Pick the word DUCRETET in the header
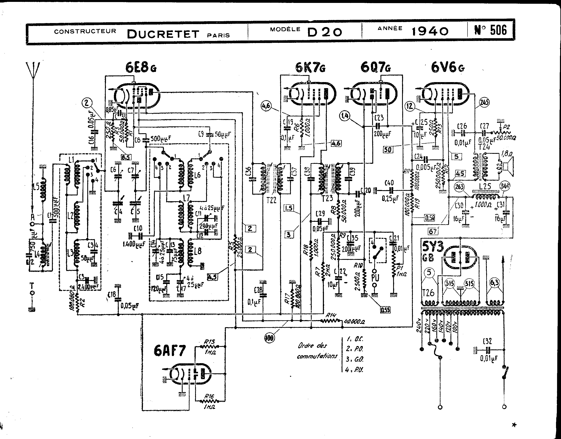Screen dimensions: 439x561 click(x=163, y=34)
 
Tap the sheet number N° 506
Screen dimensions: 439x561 click(x=490, y=30)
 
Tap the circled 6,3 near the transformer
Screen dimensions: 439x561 click(x=495, y=283)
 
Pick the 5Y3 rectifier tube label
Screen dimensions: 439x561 click(x=433, y=247)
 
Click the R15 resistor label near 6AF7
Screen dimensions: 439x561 click(x=209, y=342)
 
